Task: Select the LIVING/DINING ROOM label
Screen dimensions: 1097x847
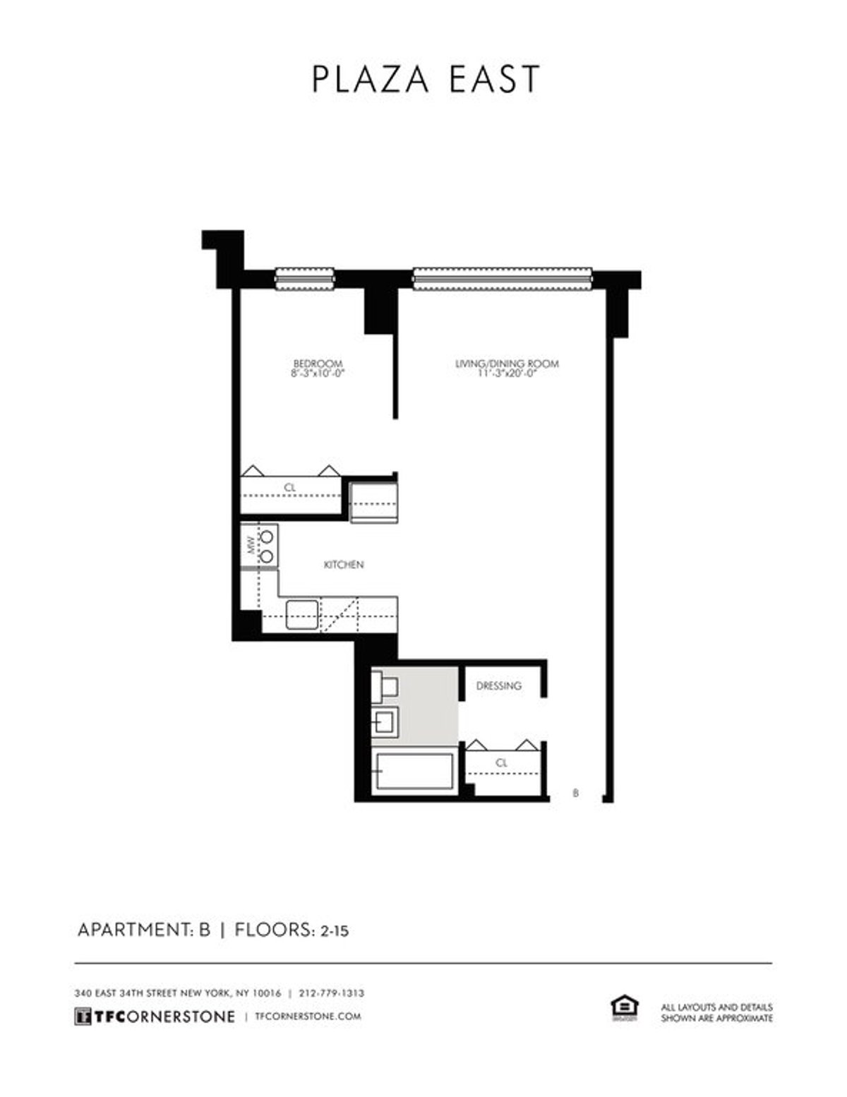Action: point(507,364)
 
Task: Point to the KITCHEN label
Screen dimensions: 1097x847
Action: point(344,565)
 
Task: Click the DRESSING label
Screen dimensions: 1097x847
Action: point(498,685)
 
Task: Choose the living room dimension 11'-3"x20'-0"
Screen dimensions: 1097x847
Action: point(507,373)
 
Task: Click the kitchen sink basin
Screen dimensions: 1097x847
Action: point(302,613)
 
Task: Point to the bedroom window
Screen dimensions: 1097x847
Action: point(304,280)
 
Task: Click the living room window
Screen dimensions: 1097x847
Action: point(502,279)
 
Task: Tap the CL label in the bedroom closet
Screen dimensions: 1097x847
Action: point(289,488)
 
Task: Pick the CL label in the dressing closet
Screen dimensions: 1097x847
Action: point(502,763)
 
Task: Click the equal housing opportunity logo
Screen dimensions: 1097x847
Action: point(623,1008)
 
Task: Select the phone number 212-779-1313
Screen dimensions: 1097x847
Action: point(332,993)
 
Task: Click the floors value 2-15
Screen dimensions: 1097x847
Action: point(335,931)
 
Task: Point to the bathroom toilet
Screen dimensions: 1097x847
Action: point(385,687)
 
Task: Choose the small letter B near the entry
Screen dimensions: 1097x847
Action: point(576,793)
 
